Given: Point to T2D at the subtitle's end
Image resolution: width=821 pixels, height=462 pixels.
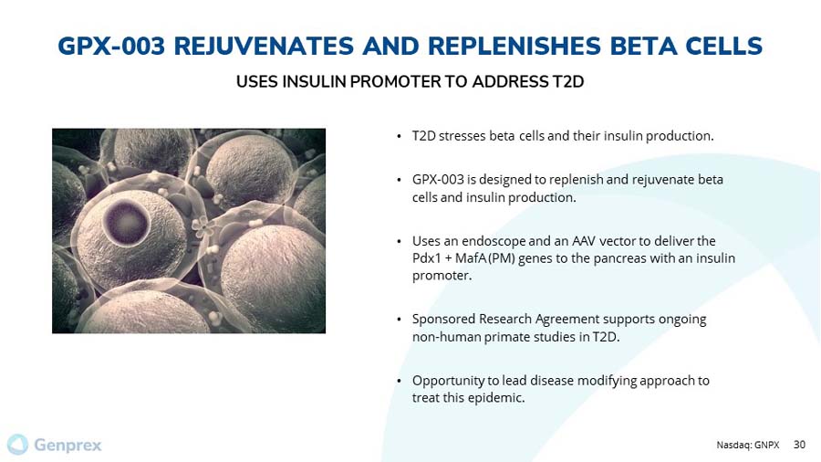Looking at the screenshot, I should (567, 82).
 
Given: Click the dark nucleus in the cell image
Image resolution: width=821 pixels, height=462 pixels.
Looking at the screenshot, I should (122, 219).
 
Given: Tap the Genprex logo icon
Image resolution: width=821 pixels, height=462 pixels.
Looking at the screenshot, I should (17, 445).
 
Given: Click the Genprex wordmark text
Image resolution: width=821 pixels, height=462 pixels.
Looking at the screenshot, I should (68, 446).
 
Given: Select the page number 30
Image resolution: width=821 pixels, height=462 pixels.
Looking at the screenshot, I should (800, 446).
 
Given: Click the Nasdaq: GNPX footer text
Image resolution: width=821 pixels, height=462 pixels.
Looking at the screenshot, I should (748, 446).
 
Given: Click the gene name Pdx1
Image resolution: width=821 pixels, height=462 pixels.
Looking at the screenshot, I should (427, 258).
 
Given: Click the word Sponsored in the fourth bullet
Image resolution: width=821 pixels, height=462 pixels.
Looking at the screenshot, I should (442, 320).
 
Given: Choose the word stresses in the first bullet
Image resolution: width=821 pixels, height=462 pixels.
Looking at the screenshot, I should (462, 136).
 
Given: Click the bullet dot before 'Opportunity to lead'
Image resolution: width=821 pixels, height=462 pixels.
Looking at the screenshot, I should (400, 381).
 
